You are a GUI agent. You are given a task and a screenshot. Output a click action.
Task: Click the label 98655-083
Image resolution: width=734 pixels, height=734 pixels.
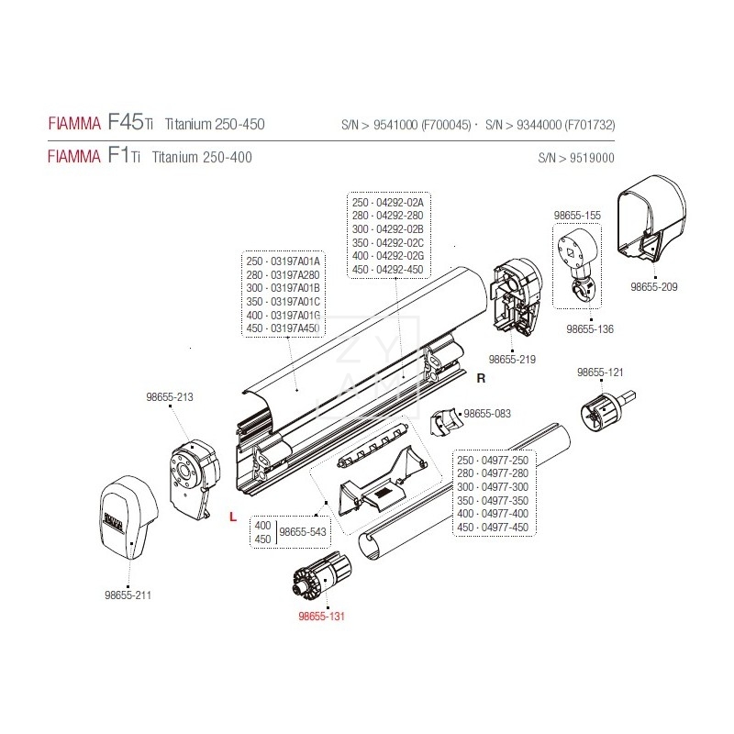489,414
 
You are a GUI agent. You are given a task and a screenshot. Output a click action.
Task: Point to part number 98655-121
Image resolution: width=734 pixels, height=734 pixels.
599,373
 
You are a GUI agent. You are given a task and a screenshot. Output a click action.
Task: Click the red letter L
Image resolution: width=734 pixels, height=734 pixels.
233,517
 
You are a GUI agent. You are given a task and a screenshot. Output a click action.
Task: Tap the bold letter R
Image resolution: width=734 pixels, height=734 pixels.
479,377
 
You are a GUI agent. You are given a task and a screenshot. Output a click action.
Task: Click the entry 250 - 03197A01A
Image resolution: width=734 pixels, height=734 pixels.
284,261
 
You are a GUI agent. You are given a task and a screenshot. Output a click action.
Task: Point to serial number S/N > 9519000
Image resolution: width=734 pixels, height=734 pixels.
577,158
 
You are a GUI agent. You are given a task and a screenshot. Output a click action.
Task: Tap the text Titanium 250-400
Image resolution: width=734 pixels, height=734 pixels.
201,157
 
